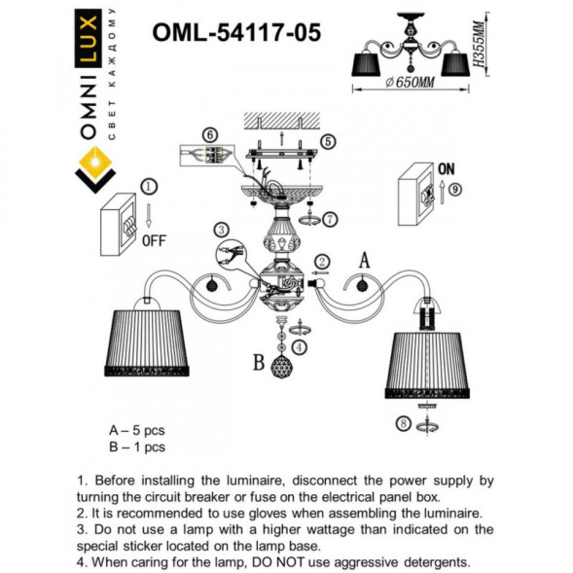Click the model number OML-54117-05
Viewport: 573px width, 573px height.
tap(235, 33)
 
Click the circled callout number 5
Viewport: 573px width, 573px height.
tap(328, 141)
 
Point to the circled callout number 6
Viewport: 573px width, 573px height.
tap(207, 134)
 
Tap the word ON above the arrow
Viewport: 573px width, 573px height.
tap(448, 167)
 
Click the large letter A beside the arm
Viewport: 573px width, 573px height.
tap(366, 260)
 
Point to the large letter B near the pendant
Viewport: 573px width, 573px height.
tap(258, 365)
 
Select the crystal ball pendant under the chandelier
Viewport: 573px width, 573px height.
tap(282, 369)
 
